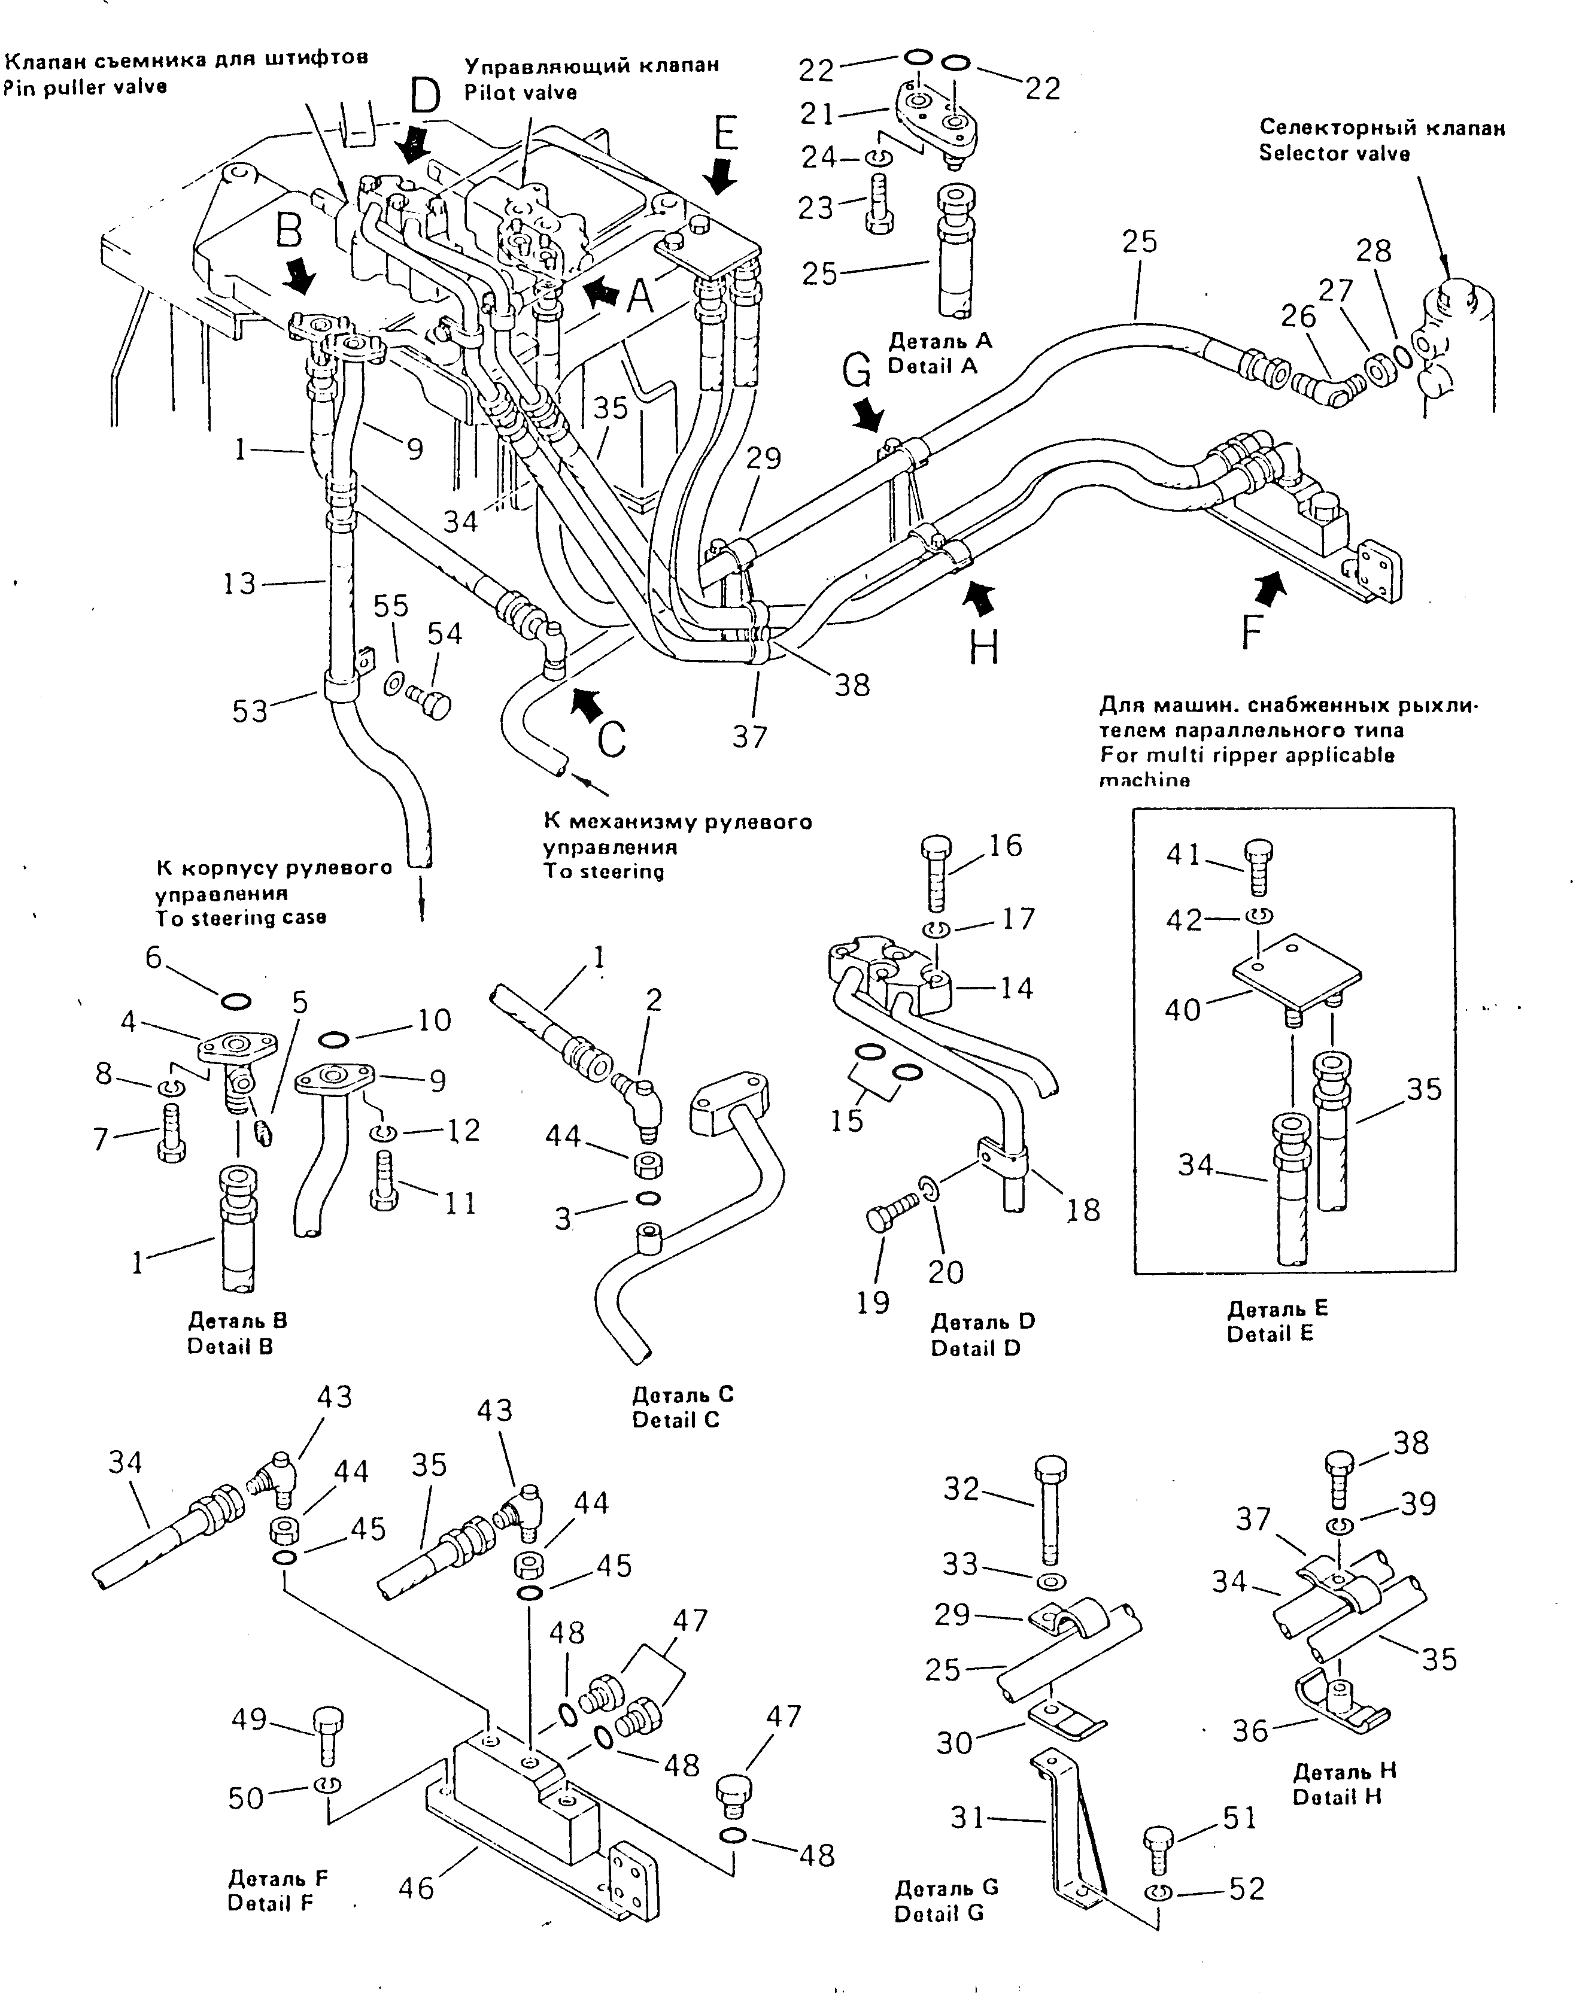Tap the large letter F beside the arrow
coord(1250,634)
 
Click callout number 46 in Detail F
coord(415,1888)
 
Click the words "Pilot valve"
coord(520,92)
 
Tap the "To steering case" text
coord(241,918)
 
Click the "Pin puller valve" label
coord(85,87)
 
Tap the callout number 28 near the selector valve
coord(1374,251)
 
